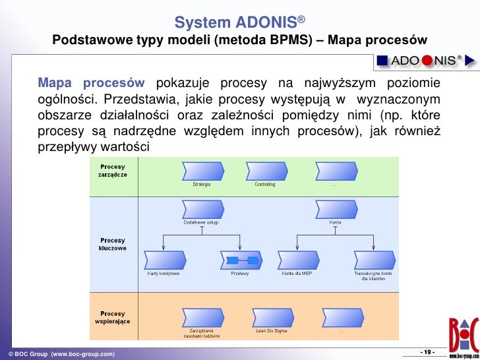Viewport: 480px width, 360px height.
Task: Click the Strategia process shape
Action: (201, 171)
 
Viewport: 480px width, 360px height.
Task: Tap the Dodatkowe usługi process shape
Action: (200, 210)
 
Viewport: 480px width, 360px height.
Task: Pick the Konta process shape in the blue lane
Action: (335, 210)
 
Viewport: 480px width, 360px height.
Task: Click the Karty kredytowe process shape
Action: (163, 260)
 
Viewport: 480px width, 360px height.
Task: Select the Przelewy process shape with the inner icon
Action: (239, 260)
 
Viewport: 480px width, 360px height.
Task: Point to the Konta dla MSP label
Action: (296, 273)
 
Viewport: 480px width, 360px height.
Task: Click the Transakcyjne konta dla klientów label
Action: (373, 276)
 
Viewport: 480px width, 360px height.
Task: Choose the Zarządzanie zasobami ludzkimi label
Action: (201, 333)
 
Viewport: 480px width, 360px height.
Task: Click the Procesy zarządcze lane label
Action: (114, 171)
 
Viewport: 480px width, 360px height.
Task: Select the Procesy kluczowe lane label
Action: (113, 245)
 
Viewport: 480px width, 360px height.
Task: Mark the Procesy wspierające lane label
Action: (114, 317)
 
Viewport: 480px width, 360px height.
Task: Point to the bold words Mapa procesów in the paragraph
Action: (91, 83)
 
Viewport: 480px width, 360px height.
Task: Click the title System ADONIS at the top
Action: (239, 24)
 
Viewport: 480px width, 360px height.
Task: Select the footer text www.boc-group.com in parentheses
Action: (82, 354)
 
